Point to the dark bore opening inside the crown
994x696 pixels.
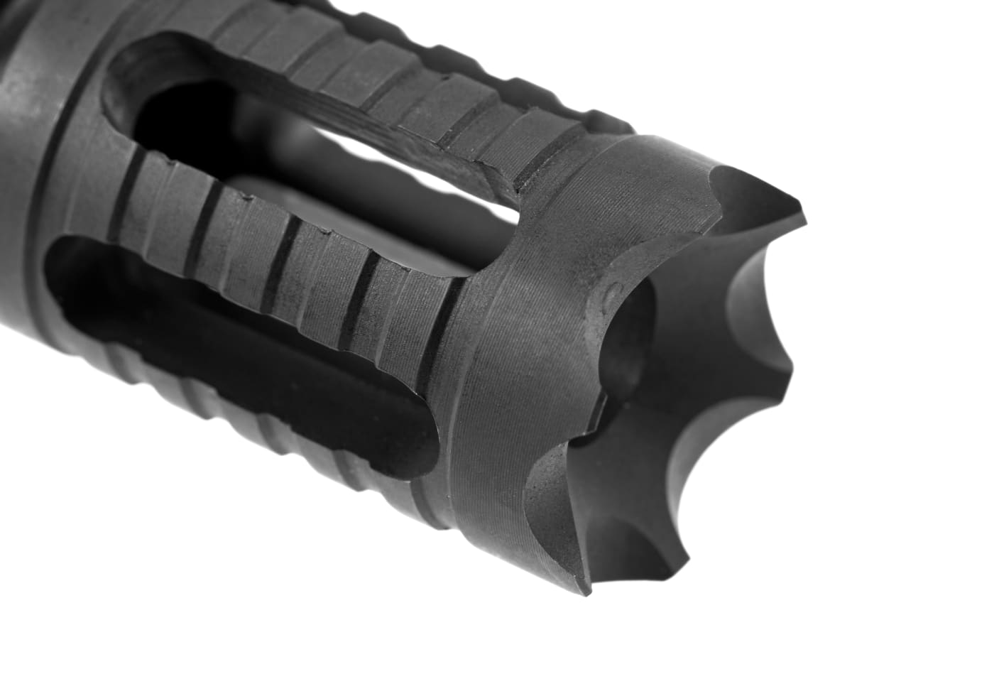(x=639, y=355)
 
